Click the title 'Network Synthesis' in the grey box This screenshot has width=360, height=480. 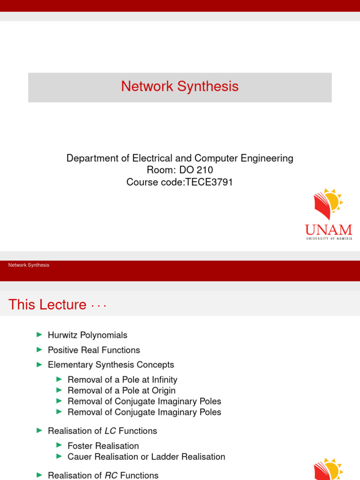pyautogui.click(x=180, y=87)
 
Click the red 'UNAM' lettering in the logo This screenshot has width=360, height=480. pyautogui.click(x=328, y=230)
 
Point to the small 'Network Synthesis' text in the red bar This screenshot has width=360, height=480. pyautogui.click(x=29, y=265)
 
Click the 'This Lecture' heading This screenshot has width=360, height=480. pyautogui.click(x=47, y=305)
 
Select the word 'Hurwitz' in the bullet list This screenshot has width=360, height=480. pyautogui.click(x=63, y=335)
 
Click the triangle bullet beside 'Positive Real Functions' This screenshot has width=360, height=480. pyautogui.click(x=39, y=350)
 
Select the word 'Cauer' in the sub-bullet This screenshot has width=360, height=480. pyautogui.click(x=79, y=457)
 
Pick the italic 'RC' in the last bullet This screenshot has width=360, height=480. pyautogui.click(x=111, y=475)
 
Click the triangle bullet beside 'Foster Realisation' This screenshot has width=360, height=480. pyautogui.click(x=59, y=445)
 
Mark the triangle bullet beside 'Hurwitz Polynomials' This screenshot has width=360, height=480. pyautogui.click(x=39, y=335)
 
